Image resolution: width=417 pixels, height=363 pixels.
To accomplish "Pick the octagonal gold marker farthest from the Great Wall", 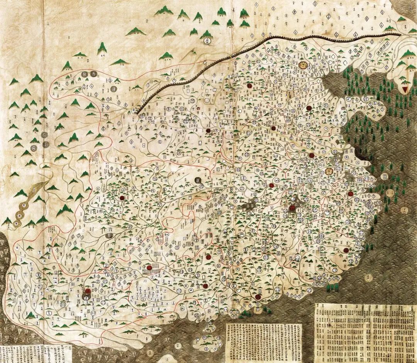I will pos(329,171).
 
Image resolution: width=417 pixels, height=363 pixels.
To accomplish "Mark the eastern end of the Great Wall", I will pos(402,34).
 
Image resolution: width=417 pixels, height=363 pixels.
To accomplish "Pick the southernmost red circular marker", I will pos(258,297).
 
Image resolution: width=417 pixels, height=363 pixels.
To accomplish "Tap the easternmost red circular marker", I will pos(351,193).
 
